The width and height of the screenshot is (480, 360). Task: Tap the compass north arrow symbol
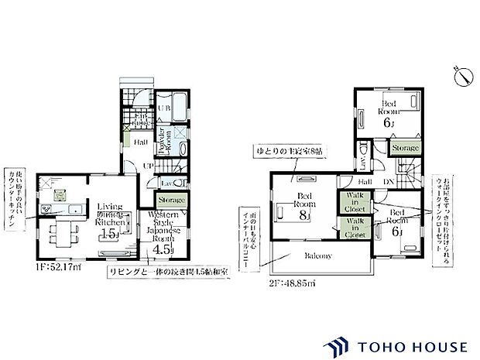coord(464,75)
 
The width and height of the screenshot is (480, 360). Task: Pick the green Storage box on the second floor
coord(405,148)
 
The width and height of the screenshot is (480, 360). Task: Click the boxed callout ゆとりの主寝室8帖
coord(287,149)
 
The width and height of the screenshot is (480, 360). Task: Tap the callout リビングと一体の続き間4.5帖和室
coord(166,273)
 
